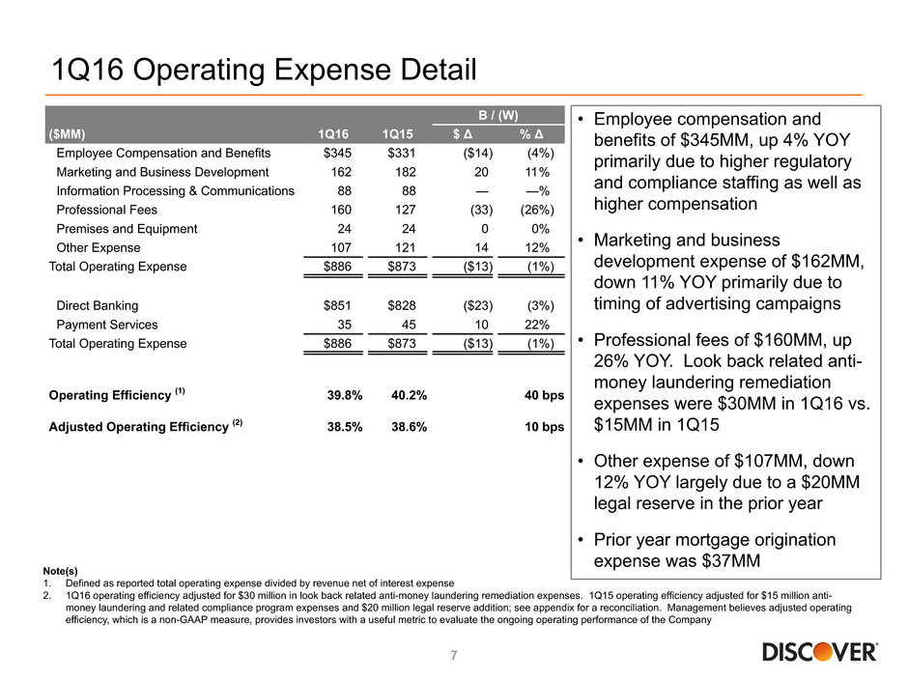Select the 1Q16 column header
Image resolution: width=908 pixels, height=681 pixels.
(335, 134)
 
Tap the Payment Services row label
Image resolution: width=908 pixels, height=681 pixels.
(107, 325)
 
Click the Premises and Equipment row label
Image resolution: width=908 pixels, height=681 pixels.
(127, 229)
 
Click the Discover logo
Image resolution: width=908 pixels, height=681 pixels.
(820, 653)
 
